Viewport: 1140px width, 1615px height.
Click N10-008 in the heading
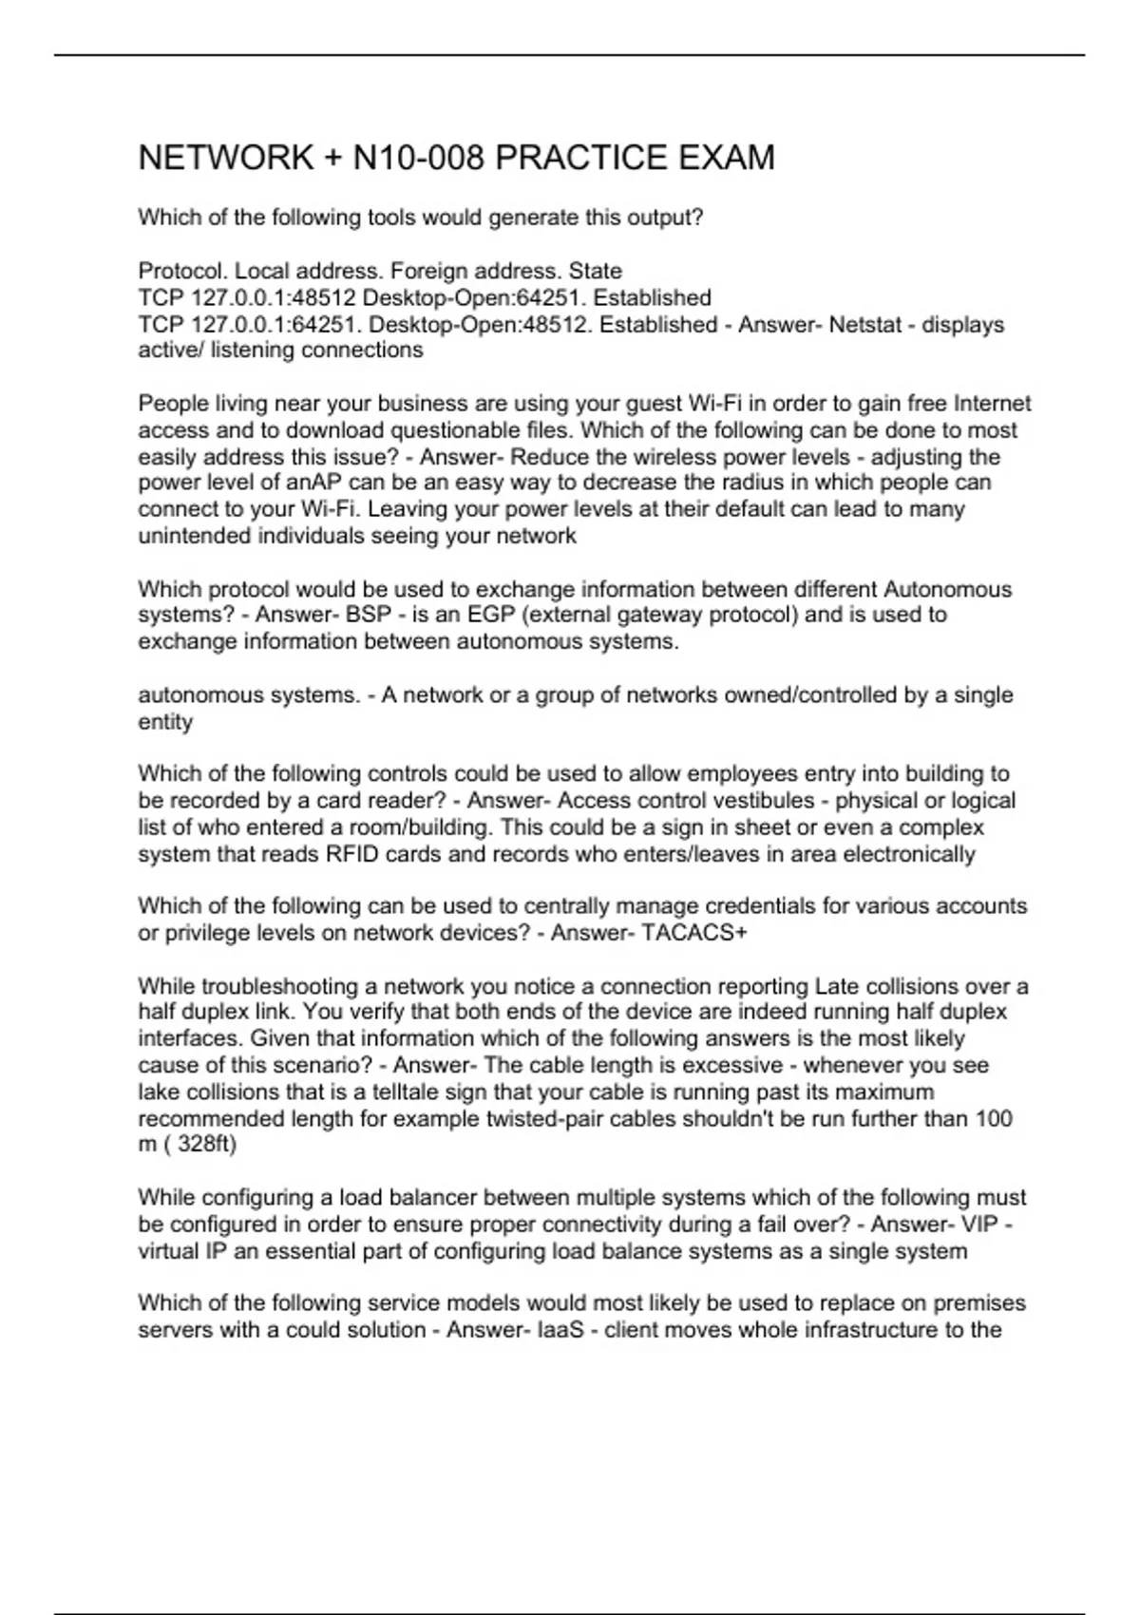pyautogui.click(x=416, y=158)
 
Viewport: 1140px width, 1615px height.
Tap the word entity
pyautogui.click(x=165, y=722)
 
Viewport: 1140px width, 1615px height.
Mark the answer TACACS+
pyautogui.click(x=694, y=933)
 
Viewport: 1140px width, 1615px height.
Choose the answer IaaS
pyautogui.click(x=560, y=1330)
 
